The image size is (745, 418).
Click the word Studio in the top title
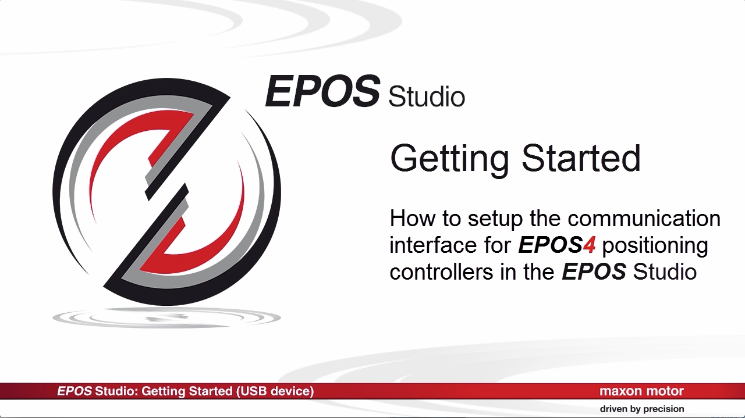tap(427, 97)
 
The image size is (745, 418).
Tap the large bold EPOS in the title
tap(322, 91)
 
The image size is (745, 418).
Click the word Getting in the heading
tap(449, 159)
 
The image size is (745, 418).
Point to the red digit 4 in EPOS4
tap(588, 245)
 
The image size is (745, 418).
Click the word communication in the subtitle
tap(644, 219)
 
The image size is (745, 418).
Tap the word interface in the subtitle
tap(434, 245)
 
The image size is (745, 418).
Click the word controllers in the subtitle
tap(441, 271)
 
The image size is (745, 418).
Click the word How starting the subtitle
tap(413, 219)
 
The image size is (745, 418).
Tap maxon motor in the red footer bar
tap(641, 391)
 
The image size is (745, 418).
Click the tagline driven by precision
tap(642, 409)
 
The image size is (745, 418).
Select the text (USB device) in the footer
tap(275, 391)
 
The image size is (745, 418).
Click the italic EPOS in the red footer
tap(74, 391)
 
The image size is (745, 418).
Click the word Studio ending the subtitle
tap(665, 271)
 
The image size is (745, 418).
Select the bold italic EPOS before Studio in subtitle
tap(594, 271)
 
